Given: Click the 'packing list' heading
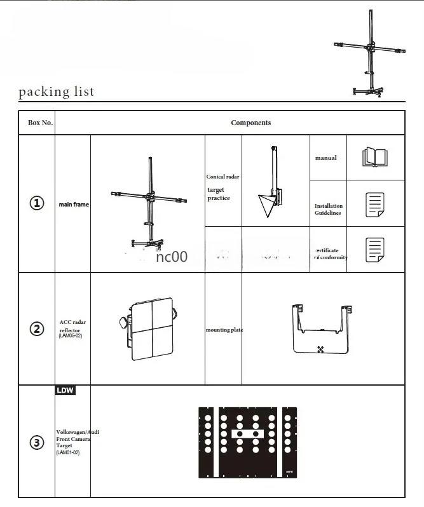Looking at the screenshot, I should [56, 91].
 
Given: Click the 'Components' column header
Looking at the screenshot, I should [250, 123].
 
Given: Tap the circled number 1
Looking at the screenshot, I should [37, 203].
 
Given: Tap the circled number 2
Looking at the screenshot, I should [37, 328].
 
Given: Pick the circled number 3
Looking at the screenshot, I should [37, 443].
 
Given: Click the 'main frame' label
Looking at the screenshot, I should [74, 205].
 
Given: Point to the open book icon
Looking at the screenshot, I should [374, 157].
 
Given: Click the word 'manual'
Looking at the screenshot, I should [326, 158].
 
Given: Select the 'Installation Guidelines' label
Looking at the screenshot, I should [328, 209].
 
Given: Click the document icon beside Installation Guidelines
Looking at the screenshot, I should [375, 205].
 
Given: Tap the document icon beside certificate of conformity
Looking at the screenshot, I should [375, 250].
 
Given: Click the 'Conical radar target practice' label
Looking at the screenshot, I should [222, 188].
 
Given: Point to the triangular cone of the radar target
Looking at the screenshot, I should [266, 205].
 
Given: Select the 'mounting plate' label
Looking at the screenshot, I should [224, 330].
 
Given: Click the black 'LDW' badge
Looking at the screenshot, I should [65, 390].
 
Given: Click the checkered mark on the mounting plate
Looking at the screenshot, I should [320, 349].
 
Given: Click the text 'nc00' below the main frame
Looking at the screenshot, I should [172, 257].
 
